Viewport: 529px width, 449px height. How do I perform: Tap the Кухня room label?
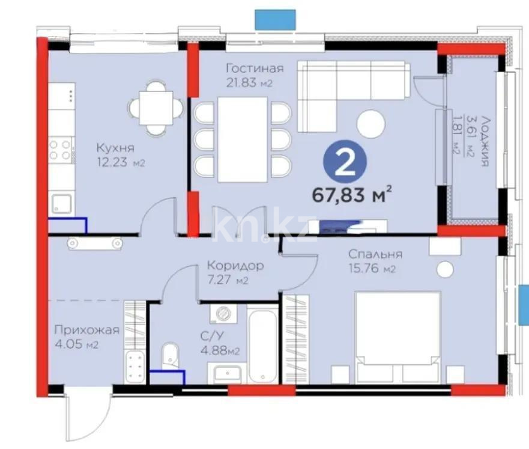(114, 148)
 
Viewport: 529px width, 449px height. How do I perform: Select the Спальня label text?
(375, 254)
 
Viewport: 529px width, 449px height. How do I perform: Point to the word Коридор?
(235, 265)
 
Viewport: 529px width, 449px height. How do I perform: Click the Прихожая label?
(86, 330)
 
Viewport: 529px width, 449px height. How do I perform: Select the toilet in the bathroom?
(171, 356)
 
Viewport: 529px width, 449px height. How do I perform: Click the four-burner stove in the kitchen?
(61, 150)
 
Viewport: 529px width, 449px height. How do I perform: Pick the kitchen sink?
(61, 203)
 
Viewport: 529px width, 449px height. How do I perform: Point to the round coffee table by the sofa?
(371, 123)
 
